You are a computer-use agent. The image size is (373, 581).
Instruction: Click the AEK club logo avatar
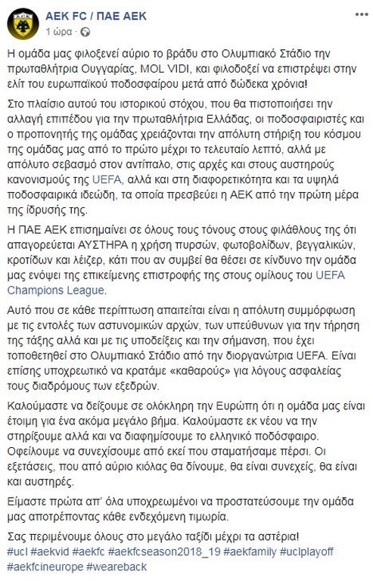(x=23, y=23)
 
